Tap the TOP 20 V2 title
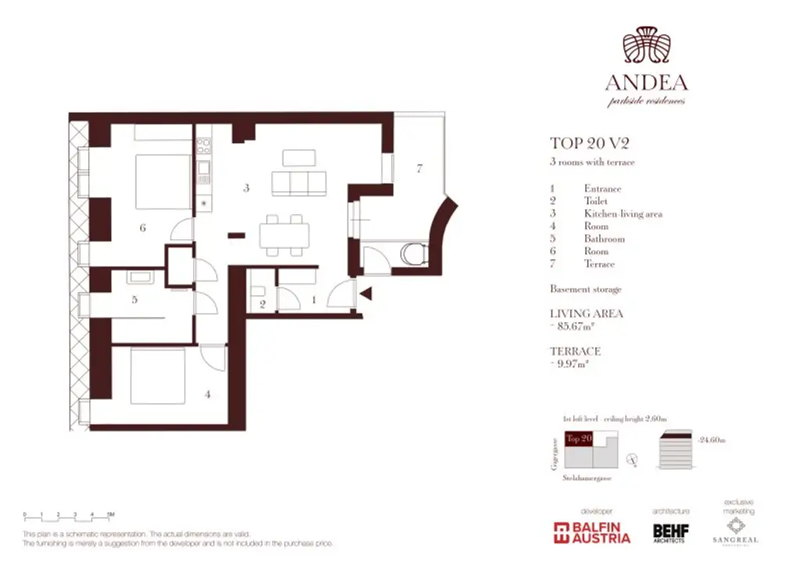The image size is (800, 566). click(590, 143)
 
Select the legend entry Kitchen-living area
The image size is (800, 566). click(623, 213)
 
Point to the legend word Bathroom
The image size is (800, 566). click(604, 238)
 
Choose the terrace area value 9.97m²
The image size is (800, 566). click(573, 364)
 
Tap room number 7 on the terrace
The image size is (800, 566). click(420, 168)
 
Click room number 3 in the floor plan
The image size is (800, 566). click(246, 188)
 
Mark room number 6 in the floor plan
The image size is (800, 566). click(143, 228)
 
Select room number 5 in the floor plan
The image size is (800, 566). click(134, 299)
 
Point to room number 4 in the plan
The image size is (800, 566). click(207, 395)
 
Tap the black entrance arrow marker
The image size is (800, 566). click(365, 294)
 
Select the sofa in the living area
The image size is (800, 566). click(298, 184)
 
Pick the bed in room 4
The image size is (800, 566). click(157, 377)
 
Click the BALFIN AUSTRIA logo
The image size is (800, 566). click(591, 532)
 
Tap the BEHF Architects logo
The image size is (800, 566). click(670, 533)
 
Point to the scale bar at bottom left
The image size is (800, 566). click(69, 514)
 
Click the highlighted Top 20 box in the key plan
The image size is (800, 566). click(579, 439)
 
